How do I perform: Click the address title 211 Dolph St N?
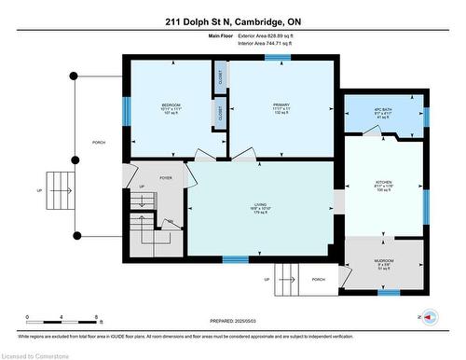coord(233,21)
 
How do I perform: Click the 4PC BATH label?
coord(382,111)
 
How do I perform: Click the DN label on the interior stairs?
coord(171,221)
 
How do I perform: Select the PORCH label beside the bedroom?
coord(99,143)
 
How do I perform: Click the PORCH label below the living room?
coord(318,279)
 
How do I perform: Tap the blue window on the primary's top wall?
coord(276,57)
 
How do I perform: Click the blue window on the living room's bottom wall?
coord(235,259)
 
